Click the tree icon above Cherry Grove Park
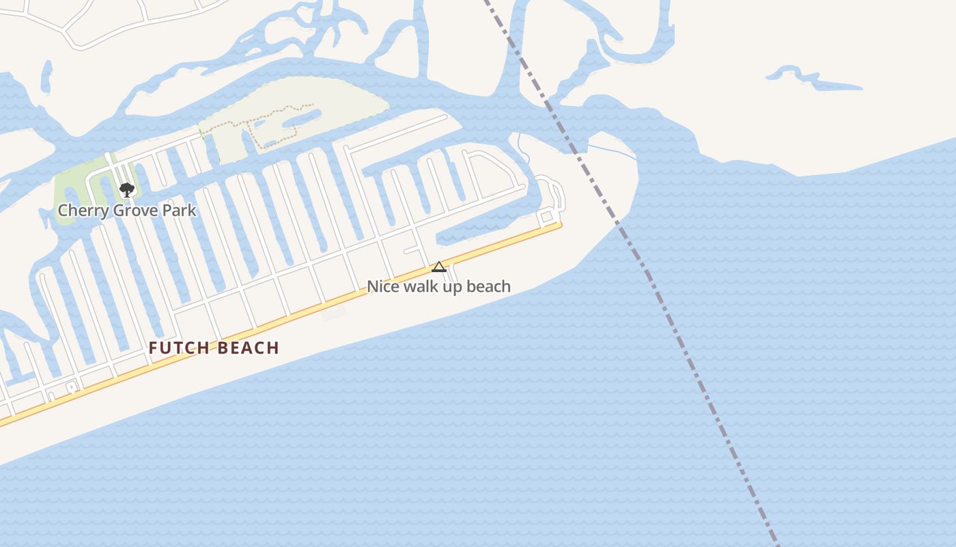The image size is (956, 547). coord(126,189)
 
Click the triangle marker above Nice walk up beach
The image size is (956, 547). coord(439,267)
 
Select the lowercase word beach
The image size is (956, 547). coord(489,286)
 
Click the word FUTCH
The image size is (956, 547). coord(179,348)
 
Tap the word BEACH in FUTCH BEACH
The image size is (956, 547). coord(249,348)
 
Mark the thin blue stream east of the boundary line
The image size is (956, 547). coord(615,151)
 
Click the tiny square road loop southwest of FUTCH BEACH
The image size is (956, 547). coord(71,388)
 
